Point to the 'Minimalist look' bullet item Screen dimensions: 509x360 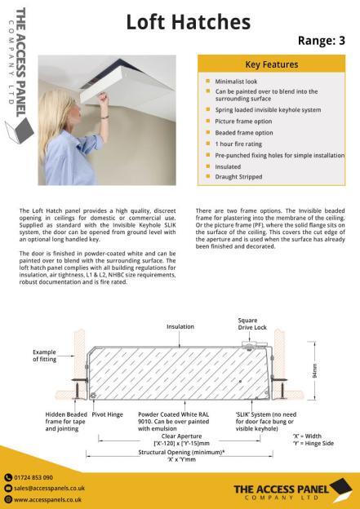pyautogui.click(x=237, y=82)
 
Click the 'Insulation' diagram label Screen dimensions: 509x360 pyautogui.click(x=180, y=325)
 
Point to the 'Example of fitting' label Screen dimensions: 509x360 pyautogui.click(x=47, y=355)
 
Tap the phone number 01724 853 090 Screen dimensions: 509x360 pyautogui.click(x=33, y=476)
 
